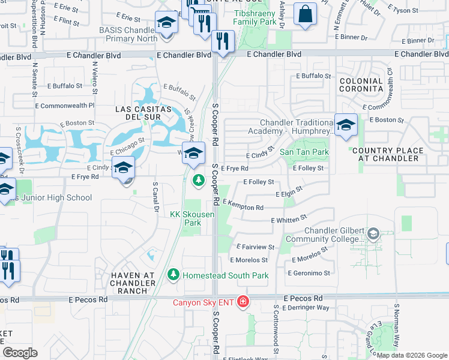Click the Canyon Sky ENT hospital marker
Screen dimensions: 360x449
tap(243, 301)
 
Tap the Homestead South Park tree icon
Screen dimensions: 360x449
tap(173, 275)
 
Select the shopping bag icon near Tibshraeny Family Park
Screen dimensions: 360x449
tap(305, 14)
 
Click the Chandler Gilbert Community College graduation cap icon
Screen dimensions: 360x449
tap(373, 233)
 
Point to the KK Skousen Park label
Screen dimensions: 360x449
tap(185, 218)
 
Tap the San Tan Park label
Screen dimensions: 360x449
tap(304, 152)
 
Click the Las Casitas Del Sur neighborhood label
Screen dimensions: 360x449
tap(143, 113)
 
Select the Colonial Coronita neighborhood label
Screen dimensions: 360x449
tap(361, 85)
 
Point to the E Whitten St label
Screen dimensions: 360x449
tap(289, 219)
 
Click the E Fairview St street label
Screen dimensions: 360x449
tap(255, 247)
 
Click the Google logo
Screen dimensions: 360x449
tap(20, 353)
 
